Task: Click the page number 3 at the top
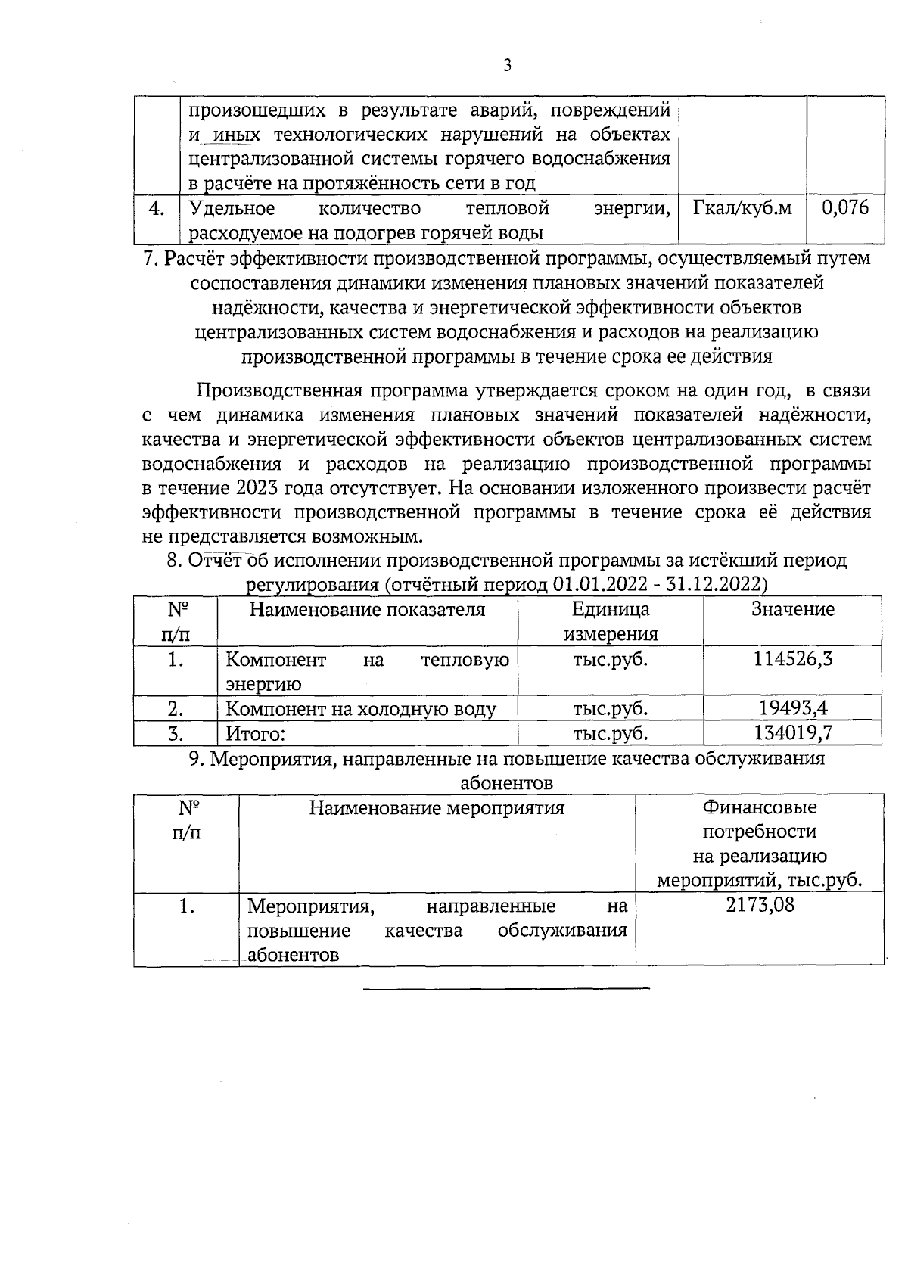(507, 66)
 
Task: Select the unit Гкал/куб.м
(742, 207)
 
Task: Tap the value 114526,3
(792, 658)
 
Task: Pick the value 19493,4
(793, 708)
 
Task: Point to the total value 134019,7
(793, 732)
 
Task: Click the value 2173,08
(760, 905)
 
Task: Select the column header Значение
(792, 609)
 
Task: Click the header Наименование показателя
(367, 609)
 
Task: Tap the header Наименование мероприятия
(437, 807)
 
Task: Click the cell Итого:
(256, 733)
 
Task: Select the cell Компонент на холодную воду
(361, 709)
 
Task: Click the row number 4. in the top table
(156, 208)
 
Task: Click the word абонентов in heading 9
(506, 782)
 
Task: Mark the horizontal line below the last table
(506, 988)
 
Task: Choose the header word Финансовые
(760, 807)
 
